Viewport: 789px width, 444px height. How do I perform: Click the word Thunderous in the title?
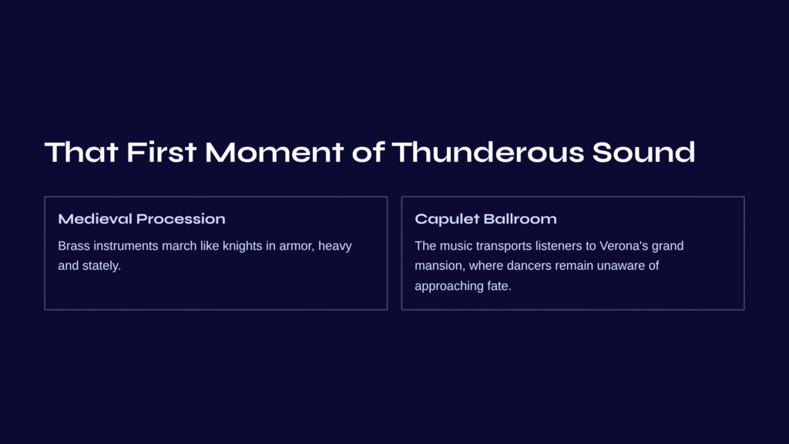click(488, 152)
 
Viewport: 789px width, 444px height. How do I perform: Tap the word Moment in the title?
click(274, 152)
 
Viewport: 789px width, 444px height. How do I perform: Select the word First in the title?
click(161, 152)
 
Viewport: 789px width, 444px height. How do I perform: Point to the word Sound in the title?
click(643, 152)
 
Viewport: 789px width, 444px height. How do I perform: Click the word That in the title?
click(82, 152)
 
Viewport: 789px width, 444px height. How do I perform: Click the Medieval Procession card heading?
click(142, 219)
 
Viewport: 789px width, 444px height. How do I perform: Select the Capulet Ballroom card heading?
click(485, 219)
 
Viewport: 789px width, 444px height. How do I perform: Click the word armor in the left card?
click(297, 246)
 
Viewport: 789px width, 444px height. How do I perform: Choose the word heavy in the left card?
click(334, 246)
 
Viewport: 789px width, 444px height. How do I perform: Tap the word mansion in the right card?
click(438, 266)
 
